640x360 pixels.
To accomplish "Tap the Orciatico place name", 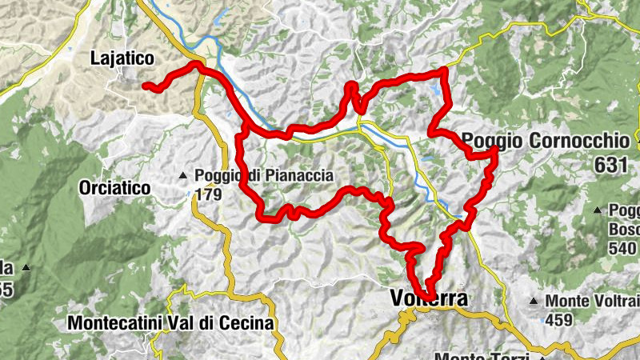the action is (x=115, y=188).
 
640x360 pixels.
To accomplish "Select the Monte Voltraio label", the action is (x=590, y=302).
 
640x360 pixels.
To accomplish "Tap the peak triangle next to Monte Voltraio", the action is (x=534, y=302).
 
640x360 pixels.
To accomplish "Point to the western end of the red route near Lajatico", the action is (x=145, y=86).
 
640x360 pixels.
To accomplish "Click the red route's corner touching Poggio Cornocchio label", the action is (x=495, y=150).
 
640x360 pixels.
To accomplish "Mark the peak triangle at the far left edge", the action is (x=26, y=267).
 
